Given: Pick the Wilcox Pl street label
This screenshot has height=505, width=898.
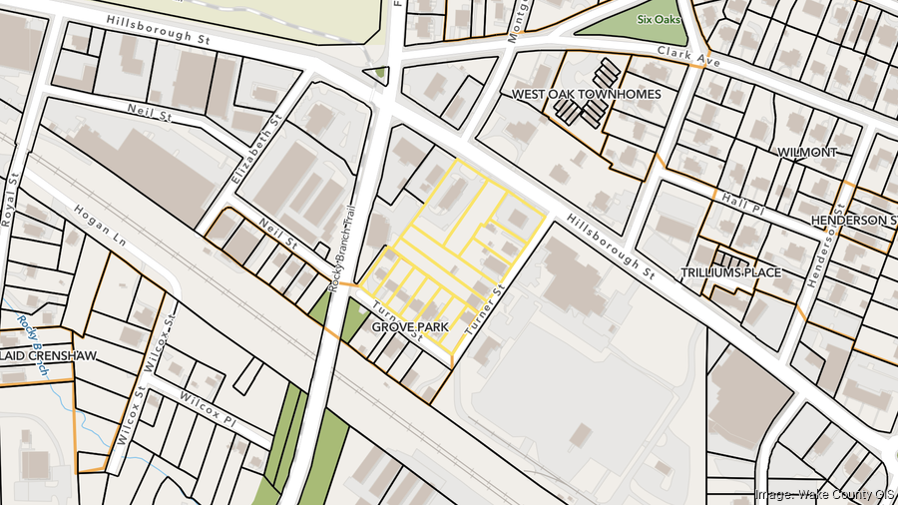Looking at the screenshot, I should pyautogui.click(x=208, y=407).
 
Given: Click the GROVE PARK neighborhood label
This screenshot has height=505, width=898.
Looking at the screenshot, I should pyautogui.click(x=410, y=327).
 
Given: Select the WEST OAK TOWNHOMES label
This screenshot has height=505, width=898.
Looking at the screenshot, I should pyautogui.click(x=586, y=94).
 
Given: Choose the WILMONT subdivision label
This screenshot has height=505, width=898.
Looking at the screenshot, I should pyautogui.click(x=807, y=152).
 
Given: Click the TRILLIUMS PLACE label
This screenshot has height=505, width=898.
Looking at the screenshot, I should pyautogui.click(x=730, y=272).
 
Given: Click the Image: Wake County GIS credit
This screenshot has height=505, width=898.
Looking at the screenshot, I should pyautogui.click(x=824, y=493).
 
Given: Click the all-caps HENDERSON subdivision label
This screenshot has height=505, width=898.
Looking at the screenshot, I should pyautogui.click(x=853, y=220).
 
